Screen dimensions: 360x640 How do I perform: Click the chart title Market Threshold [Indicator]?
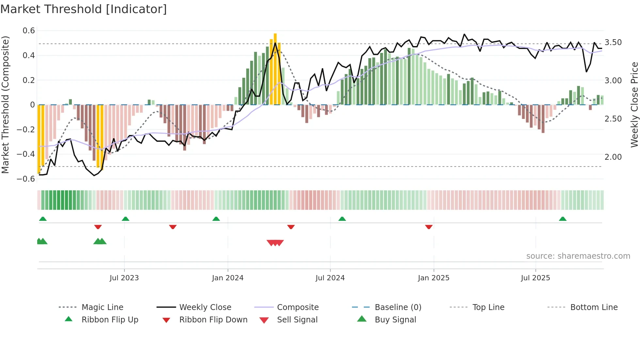click(x=84, y=9)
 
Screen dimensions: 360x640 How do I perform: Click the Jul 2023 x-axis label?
click(x=124, y=278)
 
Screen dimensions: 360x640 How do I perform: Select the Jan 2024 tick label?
click(x=228, y=278)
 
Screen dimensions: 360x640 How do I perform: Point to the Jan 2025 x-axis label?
click(x=434, y=278)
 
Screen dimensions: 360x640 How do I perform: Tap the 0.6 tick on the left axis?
click(x=29, y=31)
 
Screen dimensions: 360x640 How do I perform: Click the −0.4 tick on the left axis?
click(x=26, y=154)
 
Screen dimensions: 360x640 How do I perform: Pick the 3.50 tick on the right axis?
click(x=613, y=42)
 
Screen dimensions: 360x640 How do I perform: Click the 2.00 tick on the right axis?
click(x=613, y=157)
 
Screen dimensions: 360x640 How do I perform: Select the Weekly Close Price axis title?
click(x=634, y=105)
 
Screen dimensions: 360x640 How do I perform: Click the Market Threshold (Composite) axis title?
click(x=5, y=105)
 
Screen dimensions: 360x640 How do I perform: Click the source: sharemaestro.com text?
click(x=578, y=256)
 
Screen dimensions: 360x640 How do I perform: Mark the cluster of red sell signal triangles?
click(x=275, y=243)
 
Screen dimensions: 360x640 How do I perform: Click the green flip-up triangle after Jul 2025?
click(x=563, y=219)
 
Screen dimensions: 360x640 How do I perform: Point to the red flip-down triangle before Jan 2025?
click(x=429, y=227)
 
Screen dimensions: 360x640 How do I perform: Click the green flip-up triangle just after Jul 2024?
click(x=342, y=219)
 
